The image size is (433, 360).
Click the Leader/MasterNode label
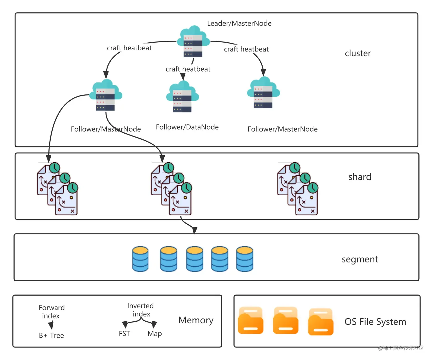(239, 23)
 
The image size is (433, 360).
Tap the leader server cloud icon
(193, 41)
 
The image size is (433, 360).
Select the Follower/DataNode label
(187, 127)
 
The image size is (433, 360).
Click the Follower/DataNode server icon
(182, 96)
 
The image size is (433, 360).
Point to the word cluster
(358, 53)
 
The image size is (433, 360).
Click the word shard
(360, 177)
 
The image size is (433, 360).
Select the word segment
(360, 259)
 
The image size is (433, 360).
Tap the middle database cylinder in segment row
(194, 259)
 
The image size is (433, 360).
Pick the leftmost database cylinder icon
(140, 259)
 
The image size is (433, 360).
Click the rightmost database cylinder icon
(245, 259)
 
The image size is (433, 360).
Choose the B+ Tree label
(52, 335)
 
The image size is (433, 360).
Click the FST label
(124, 334)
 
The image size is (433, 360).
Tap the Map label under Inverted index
(155, 334)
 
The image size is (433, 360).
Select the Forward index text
(52, 312)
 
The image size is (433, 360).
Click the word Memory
(196, 320)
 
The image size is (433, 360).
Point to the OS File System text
(375, 322)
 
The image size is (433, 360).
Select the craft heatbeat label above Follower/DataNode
(188, 69)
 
